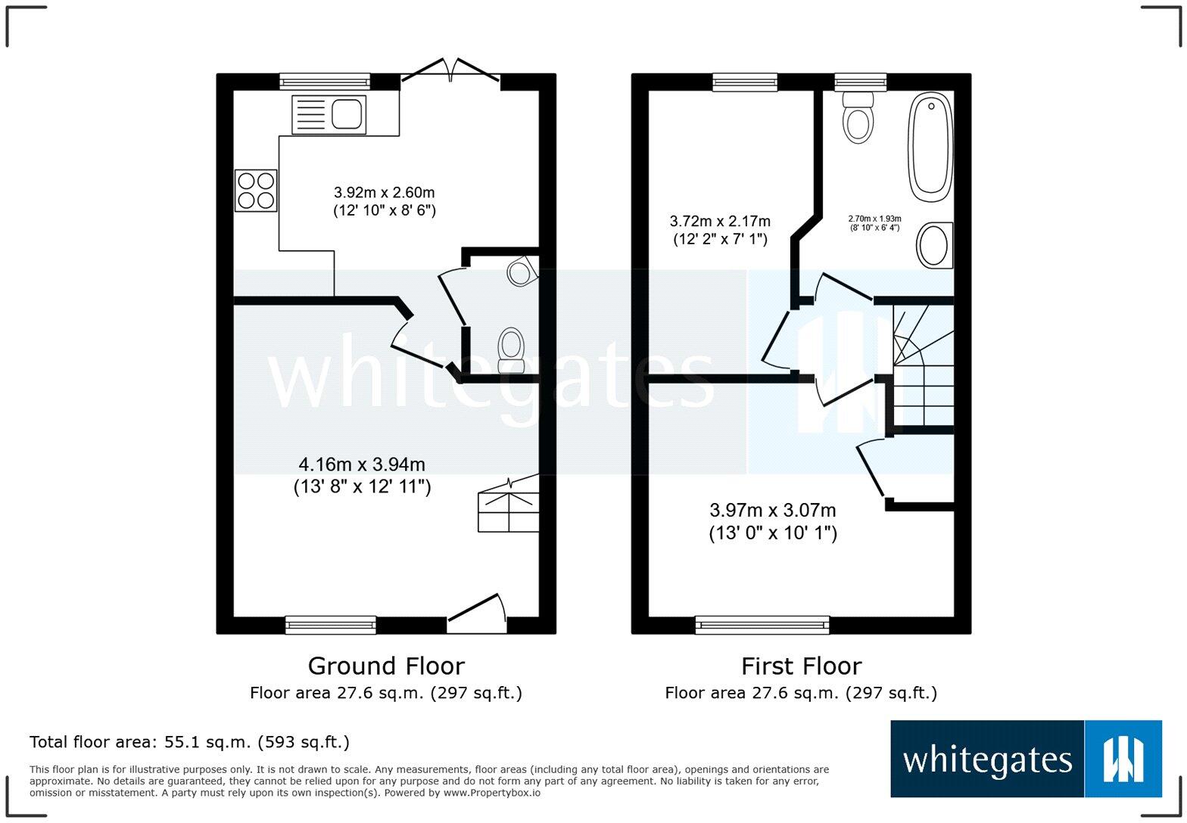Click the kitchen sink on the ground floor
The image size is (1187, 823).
click(329, 115)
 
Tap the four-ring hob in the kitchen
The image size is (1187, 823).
click(256, 191)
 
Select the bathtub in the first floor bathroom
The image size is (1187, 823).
click(930, 147)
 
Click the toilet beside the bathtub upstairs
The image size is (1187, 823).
click(858, 117)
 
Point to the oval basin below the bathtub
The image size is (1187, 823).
click(933, 245)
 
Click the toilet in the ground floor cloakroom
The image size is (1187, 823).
click(511, 349)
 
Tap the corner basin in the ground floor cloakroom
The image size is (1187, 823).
click(522, 271)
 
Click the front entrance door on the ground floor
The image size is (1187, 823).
click(477, 613)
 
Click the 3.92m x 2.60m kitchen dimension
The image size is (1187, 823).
click(385, 201)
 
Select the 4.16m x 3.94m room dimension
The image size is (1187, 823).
click(362, 475)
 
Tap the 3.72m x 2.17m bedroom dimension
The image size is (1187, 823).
click(720, 230)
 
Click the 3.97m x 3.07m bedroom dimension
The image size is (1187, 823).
click(772, 521)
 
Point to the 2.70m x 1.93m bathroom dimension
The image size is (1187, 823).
click(874, 223)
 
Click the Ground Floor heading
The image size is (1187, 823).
click(385, 666)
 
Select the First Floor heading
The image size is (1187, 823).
click(801, 666)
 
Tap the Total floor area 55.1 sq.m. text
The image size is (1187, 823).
click(189, 742)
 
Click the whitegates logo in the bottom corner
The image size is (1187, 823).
click(1026, 759)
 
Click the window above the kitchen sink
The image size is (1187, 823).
click(324, 82)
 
